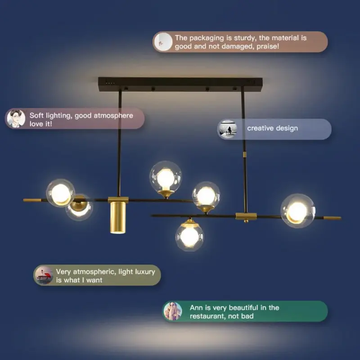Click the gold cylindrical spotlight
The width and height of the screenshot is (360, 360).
[x=118, y=217]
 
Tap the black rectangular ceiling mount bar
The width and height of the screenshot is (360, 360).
[x=180, y=84]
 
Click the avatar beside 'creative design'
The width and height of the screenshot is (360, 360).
[x=227, y=129]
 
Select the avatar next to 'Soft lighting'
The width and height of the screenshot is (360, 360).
[x=16, y=118]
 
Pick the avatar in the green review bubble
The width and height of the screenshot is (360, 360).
[x=173, y=311]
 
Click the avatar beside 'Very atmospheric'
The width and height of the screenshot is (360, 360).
[x=44, y=275]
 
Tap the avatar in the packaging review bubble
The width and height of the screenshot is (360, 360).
[x=163, y=42]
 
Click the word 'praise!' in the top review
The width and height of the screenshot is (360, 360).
[x=268, y=46]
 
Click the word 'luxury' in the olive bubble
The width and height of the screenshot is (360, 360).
[x=145, y=272]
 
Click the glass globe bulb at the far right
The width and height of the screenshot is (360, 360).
[x=298, y=211]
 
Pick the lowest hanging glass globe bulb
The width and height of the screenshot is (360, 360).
[x=189, y=236]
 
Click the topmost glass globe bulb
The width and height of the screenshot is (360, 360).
[x=166, y=177]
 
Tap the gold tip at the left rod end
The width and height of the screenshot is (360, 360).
[x=32, y=200]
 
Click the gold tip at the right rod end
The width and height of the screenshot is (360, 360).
[x=332, y=218]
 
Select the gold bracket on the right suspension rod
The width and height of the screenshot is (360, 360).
[x=246, y=216]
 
